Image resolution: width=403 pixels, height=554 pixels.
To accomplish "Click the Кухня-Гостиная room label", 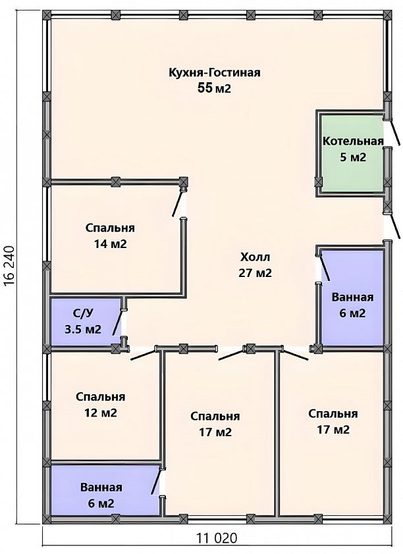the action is [215, 72].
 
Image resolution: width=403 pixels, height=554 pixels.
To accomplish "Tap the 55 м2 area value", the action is [214, 88].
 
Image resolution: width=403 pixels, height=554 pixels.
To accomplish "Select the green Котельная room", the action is [352, 154].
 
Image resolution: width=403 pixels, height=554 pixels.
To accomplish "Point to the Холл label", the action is [255, 257].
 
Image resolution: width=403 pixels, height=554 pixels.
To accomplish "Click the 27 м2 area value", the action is [255, 273].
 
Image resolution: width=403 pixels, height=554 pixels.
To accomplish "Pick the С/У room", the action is [86, 322].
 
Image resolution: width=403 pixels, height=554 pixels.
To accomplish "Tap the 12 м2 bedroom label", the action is [100, 405].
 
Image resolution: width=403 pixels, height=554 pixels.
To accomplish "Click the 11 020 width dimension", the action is [217, 538].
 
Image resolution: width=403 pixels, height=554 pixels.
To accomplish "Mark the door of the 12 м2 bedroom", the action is [143, 354].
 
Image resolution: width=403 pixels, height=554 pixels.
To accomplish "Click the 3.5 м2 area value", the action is [83, 329].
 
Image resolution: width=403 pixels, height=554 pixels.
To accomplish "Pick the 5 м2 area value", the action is [353, 157].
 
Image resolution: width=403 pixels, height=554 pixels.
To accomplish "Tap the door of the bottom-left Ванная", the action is [157, 481].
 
